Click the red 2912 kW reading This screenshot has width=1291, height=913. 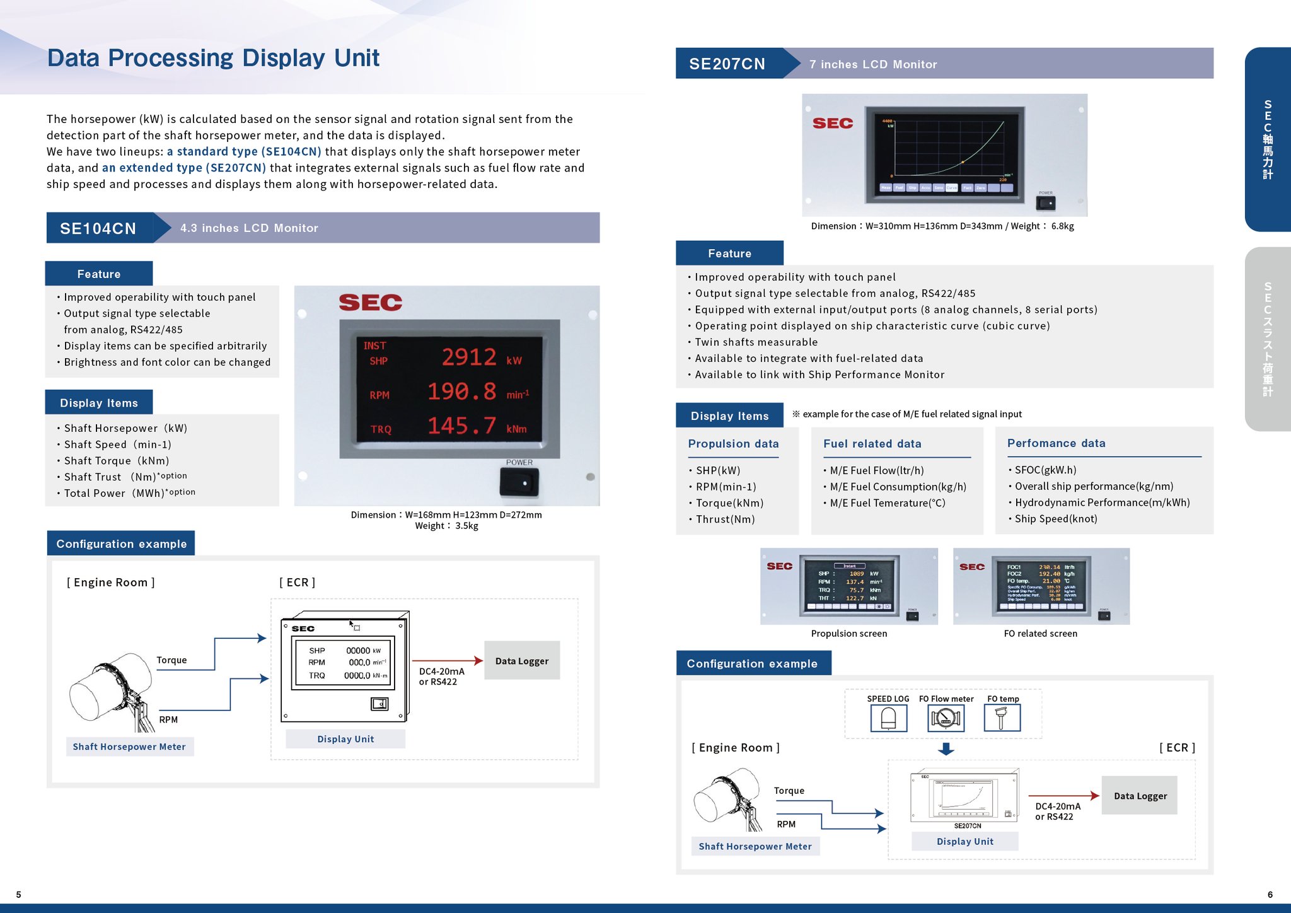pyautogui.click(x=469, y=358)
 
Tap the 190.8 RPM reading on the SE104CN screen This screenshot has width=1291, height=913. pyautogui.click(x=462, y=392)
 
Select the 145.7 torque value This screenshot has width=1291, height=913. pyautogui.click(x=462, y=426)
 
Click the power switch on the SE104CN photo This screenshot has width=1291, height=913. pyautogui.click(x=519, y=482)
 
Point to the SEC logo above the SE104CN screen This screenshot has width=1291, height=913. pyautogui.click(x=370, y=303)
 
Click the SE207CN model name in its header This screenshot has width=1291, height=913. pyautogui.click(x=727, y=64)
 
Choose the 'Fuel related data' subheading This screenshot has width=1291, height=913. pyautogui.click(x=872, y=444)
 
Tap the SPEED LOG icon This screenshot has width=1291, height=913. pyautogui.click(x=888, y=718)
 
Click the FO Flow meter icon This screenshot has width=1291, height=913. pyautogui.click(x=946, y=718)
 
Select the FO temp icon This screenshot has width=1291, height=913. pyautogui.click(x=1002, y=718)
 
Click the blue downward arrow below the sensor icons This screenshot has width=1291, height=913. pyautogui.click(x=946, y=749)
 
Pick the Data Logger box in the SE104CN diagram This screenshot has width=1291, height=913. pyautogui.click(x=521, y=661)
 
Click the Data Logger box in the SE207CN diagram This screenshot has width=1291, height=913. pyautogui.click(x=1140, y=796)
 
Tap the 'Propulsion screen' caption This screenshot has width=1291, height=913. pyautogui.click(x=848, y=634)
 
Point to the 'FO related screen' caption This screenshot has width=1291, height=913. pyautogui.click(x=1040, y=634)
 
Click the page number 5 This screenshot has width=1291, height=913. pyautogui.click(x=19, y=894)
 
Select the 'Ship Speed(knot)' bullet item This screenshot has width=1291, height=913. pyautogui.click(x=1055, y=519)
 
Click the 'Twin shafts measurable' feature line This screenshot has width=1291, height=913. pyautogui.click(x=756, y=342)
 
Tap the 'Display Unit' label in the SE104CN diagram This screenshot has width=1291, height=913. pyautogui.click(x=345, y=739)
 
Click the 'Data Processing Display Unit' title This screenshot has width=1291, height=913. pyautogui.click(x=213, y=58)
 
